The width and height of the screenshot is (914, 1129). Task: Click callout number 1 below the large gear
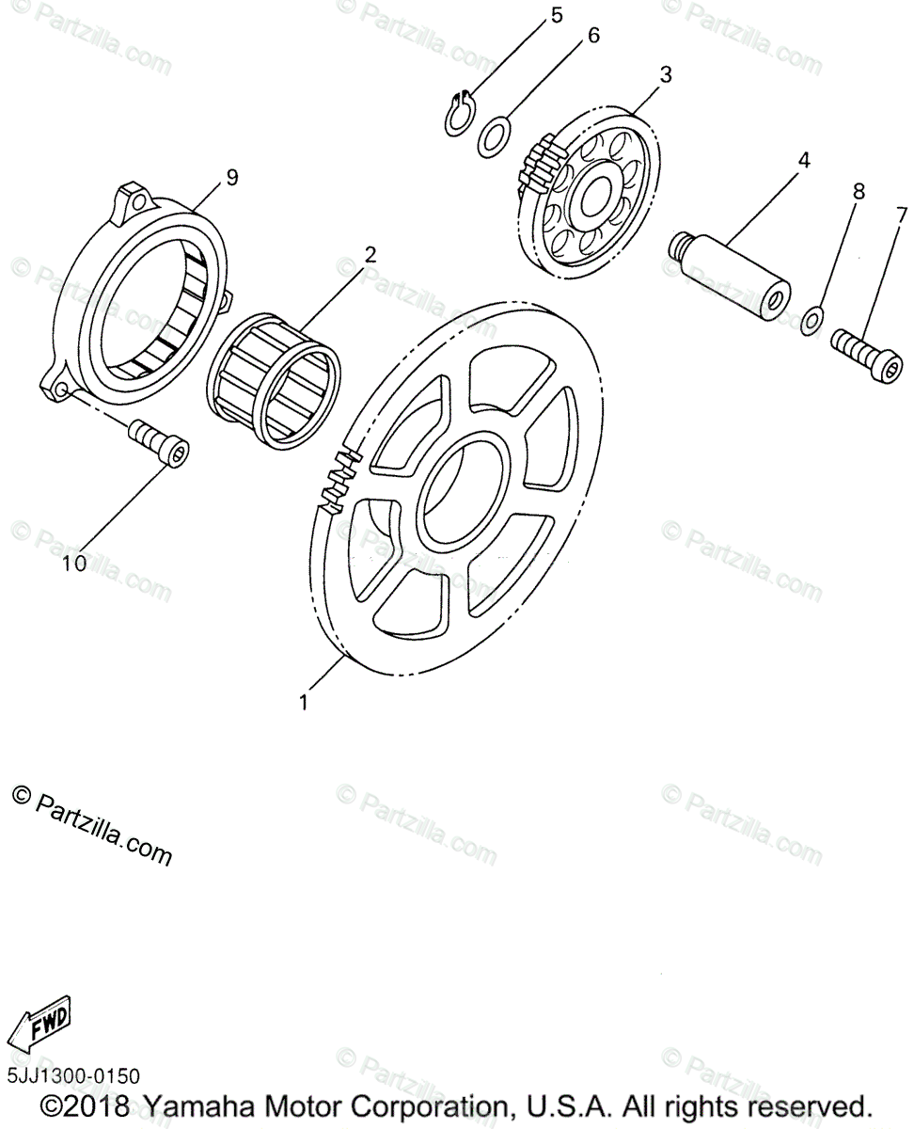point(303,702)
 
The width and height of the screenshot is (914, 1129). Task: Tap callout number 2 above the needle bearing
point(370,254)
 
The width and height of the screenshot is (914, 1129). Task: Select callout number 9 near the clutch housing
point(232,176)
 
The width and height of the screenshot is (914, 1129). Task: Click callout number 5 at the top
point(557,15)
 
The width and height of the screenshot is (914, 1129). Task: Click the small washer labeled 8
point(814,319)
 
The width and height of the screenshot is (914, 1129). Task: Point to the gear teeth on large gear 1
point(342,481)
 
